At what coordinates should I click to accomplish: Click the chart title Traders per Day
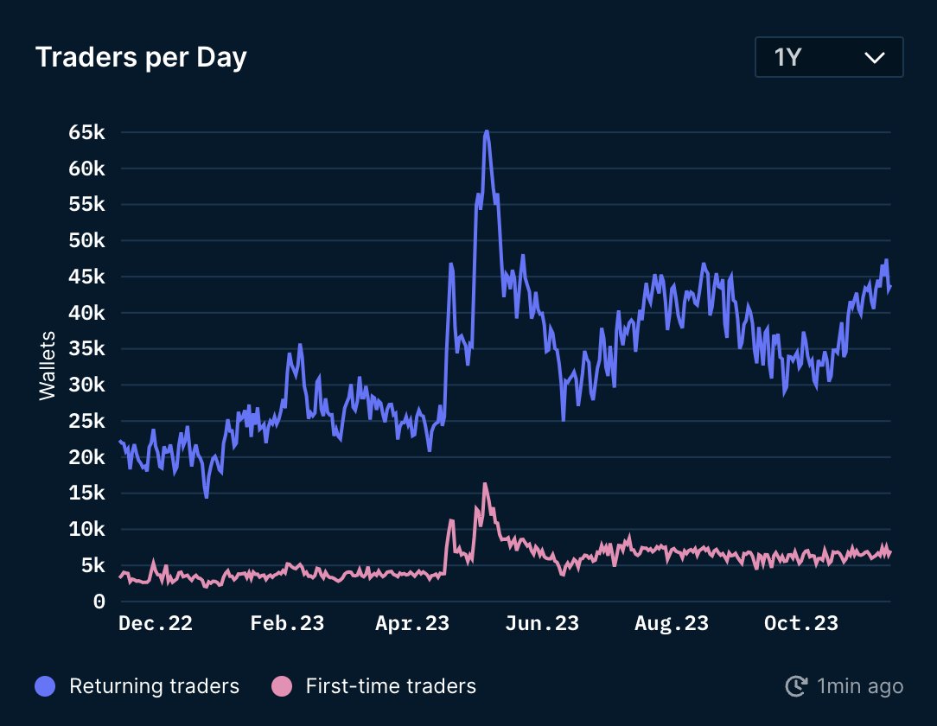[141, 57]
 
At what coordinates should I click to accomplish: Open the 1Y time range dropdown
[829, 58]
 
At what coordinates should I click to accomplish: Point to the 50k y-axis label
[86, 240]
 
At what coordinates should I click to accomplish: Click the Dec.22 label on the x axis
[155, 623]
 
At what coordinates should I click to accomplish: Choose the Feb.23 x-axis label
[287, 623]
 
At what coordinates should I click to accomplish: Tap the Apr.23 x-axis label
[412, 623]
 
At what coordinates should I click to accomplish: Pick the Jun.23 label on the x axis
[541, 623]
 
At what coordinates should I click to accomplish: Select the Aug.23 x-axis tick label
[671, 623]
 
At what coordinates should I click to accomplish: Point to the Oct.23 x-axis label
[801, 623]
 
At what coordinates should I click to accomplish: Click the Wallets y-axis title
[48, 365]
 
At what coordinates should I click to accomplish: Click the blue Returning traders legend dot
[45, 686]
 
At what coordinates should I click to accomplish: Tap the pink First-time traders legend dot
[282, 686]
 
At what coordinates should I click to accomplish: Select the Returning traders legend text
[154, 686]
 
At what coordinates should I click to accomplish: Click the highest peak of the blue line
[487, 131]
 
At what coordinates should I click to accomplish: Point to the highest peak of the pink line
[485, 484]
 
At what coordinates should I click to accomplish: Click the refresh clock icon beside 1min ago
[795, 686]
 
